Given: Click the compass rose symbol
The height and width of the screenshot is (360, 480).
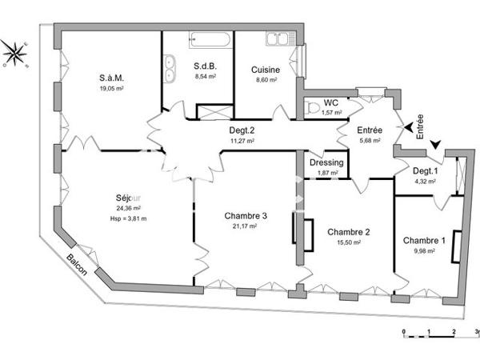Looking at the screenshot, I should pos(14,54).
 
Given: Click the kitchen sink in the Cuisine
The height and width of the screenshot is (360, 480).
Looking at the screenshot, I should pos(278,38).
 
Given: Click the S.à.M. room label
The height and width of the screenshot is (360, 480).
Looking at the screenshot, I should pos(112,78).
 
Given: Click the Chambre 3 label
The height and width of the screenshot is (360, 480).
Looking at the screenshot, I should pos(246,214).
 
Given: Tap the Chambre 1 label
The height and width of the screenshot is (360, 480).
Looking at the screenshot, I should pos(424,241).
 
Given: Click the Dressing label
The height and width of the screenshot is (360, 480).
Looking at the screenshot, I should pos(326,162).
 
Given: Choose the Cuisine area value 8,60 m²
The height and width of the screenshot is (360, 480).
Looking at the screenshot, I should pos(265,80).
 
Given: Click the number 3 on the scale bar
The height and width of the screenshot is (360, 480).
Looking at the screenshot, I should pos(477,330).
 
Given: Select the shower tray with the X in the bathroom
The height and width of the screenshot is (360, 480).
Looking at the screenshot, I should pos(213,113).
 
